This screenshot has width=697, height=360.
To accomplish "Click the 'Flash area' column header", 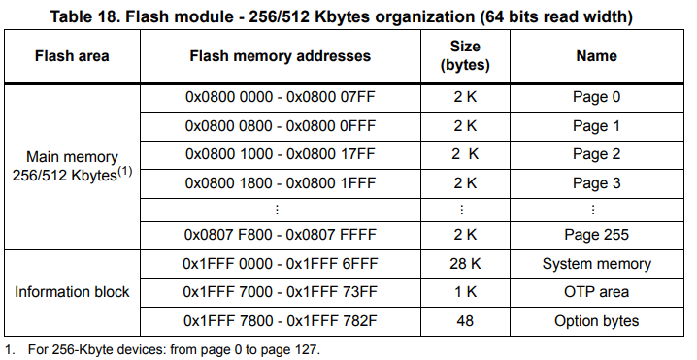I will click(x=72, y=56).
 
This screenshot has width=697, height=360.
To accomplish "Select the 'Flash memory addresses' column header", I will click(x=280, y=56).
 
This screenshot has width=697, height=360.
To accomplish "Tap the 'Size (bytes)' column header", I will click(x=464, y=56).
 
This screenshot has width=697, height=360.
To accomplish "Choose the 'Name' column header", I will click(x=596, y=56).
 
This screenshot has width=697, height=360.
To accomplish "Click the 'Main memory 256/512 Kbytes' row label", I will click(x=72, y=166).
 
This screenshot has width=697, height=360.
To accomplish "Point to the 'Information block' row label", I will click(x=72, y=292).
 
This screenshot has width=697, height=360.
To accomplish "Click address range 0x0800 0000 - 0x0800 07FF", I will click(x=280, y=97).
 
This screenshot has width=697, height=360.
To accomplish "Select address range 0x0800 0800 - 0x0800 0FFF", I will click(x=280, y=125).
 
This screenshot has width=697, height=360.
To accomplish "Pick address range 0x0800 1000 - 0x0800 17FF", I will click(x=280, y=153).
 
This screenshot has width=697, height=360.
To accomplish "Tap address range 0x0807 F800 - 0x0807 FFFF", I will click(x=280, y=234).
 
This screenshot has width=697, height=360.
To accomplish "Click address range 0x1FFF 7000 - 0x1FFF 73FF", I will click(x=280, y=292).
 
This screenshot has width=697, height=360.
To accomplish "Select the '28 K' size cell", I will click(x=464, y=264).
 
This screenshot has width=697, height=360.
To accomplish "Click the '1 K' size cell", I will click(x=464, y=292).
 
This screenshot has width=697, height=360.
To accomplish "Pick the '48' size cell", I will click(x=464, y=320).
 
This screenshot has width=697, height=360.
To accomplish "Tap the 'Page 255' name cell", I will click(x=596, y=234).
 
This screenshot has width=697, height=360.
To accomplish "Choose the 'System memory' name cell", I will click(x=596, y=264).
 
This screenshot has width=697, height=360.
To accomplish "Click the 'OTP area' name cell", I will click(x=596, y=292).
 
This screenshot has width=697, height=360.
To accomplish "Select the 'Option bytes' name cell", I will click(x=596, y=320).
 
